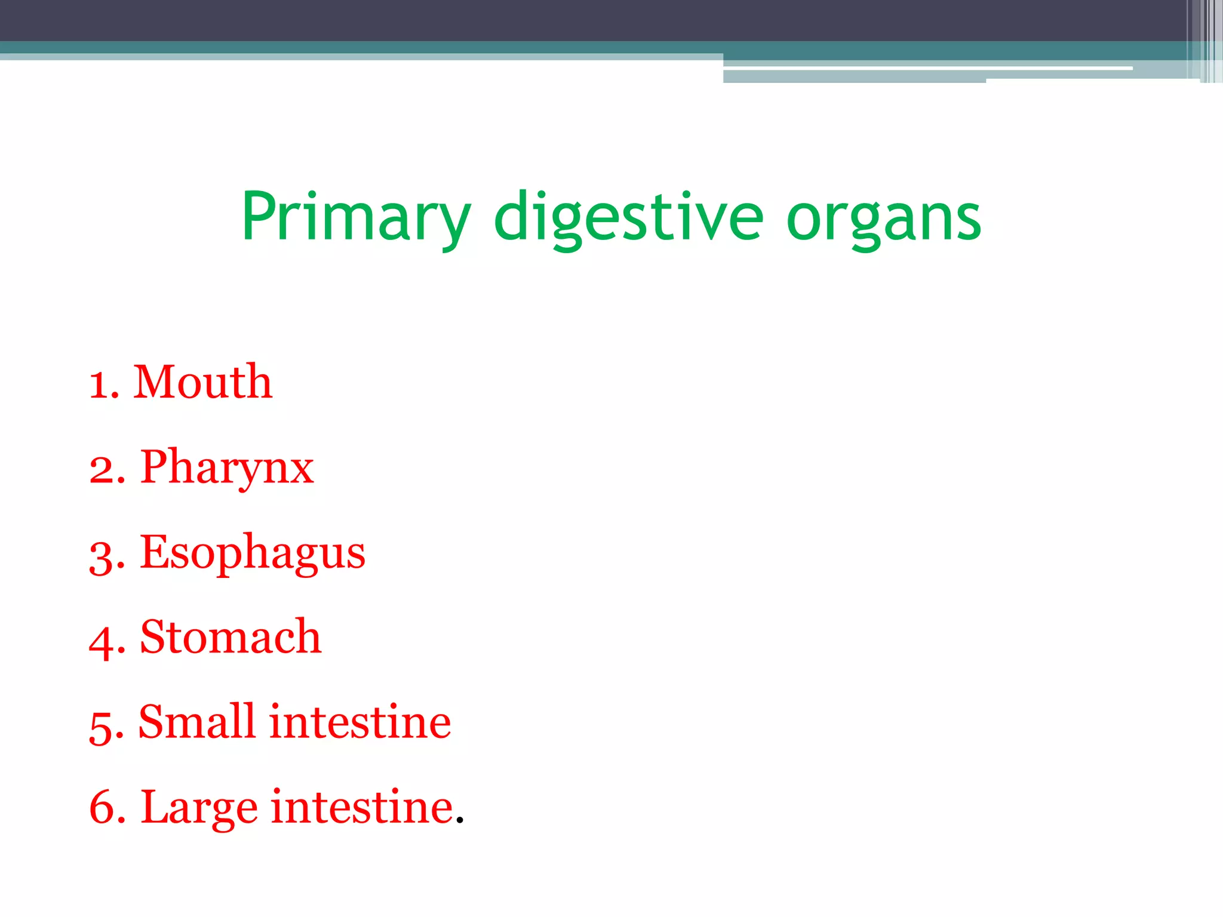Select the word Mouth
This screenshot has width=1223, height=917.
click(202, 382)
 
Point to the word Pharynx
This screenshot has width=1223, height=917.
click(227, 468)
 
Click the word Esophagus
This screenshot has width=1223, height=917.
click(252, 553)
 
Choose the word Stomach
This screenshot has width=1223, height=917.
click(231, 637)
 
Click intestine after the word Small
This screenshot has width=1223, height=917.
click(360, 722)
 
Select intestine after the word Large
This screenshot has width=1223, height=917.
click(362, 807)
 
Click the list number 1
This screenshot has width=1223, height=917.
click(99, 384)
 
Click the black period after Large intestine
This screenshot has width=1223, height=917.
click(459, 821)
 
